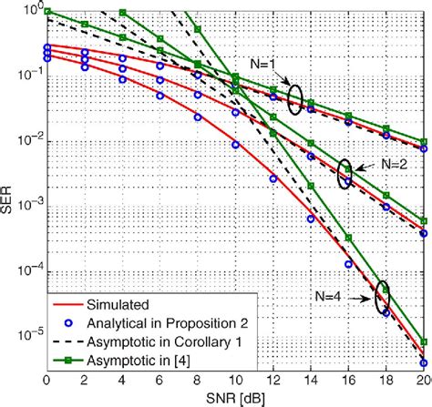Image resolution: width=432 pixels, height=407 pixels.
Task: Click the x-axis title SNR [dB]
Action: tap(234, 397)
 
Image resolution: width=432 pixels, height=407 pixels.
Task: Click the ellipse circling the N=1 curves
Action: tap(294, 98)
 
